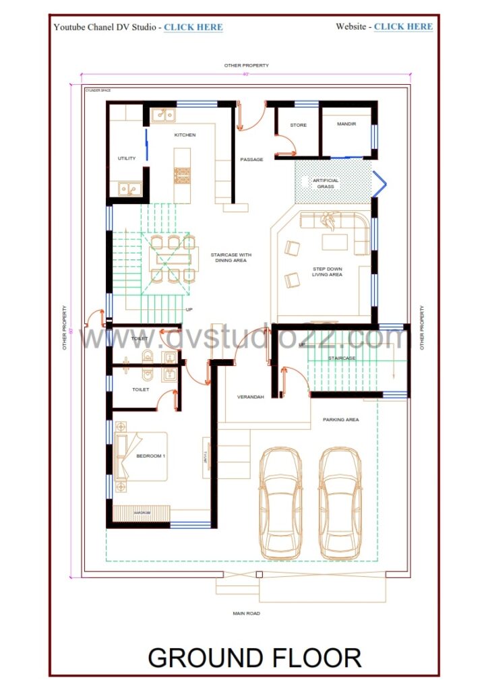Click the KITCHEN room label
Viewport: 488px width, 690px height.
(185, 135)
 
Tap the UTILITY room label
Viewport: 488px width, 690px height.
(127, 158)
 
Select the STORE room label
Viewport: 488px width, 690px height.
(299, 125)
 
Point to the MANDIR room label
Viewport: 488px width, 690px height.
(346, 125)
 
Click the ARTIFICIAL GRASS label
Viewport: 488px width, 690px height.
(326, 183)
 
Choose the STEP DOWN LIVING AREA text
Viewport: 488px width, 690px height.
(327, 272)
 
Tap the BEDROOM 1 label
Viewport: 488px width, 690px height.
(150, 456)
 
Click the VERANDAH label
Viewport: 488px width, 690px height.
(250, 397)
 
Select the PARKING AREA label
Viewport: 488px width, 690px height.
(340, 420)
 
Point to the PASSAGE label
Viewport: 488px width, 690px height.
(251, 160)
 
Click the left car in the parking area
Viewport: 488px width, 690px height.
(280, 502)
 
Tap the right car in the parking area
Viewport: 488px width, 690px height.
(340, 502)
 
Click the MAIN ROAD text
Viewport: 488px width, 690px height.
(245, 613)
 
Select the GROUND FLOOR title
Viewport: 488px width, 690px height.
(254, 658)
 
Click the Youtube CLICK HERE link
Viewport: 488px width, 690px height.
(193, 27)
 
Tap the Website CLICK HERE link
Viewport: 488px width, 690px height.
(403, 26)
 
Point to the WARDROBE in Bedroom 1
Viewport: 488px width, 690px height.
(142, 513)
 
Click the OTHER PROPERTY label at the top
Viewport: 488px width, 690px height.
(246, 65)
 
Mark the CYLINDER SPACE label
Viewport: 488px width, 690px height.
(98, 89)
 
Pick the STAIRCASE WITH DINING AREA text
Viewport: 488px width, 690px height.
(231, 257)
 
